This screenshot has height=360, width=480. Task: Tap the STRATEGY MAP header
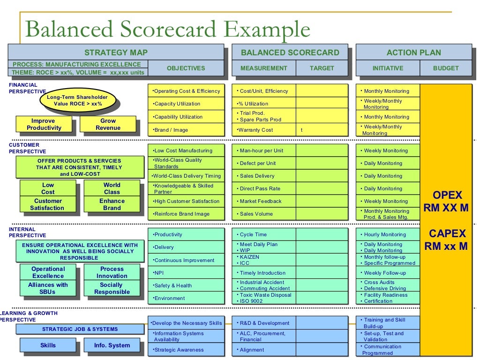point(116,52)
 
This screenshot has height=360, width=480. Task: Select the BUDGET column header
point(446,68)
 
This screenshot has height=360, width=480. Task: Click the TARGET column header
point(322,68)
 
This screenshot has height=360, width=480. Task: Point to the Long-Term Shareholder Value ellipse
point(77,100)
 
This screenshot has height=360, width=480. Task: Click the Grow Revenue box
point(108,124)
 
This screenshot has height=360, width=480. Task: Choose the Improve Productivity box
point(44,124)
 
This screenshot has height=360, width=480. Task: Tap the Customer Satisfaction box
point(47,204)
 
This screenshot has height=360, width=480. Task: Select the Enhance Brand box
point(112,204)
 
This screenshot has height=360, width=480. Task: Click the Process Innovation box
point(112,272)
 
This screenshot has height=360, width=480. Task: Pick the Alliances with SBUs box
point(48,288)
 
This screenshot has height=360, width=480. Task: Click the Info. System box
point(112,345)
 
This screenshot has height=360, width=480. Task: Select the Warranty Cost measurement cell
point(263,130)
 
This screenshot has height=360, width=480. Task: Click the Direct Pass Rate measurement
point(263,188)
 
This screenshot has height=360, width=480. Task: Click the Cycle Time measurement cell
point(263,234)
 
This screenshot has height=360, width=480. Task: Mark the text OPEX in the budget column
point(447,195)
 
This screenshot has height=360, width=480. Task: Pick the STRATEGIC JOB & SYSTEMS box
point(80,329)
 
